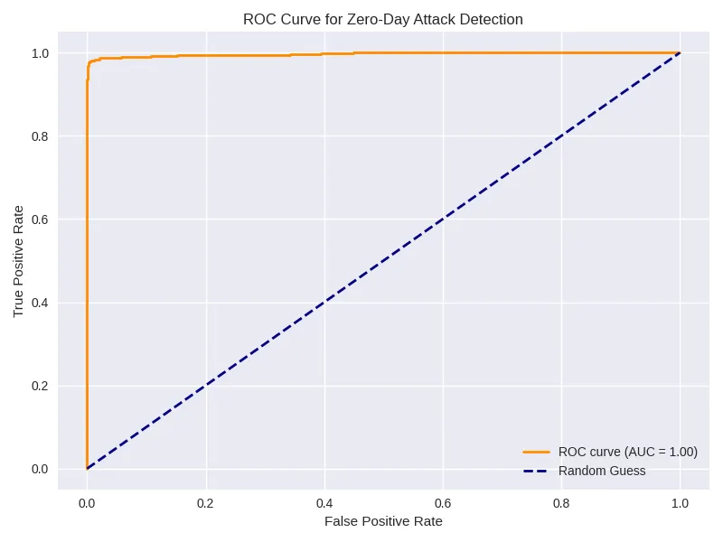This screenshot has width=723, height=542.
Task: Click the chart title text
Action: click(x=383, y=19)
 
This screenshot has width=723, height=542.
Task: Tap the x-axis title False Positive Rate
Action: click(x=383, y=521)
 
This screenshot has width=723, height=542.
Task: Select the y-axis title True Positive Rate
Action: click(x=19, y=261)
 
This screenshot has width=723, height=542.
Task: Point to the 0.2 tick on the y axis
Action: click(x=41, y=386)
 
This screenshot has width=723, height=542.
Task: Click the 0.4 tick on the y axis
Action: click(x=41, y=303)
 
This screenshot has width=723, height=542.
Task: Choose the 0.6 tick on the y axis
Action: click(x=41, y=220)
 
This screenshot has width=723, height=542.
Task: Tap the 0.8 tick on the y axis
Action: click(x=41, y=136)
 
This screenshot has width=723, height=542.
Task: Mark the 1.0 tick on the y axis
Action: click(x=41, y=53)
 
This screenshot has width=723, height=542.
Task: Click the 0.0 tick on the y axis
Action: click(x=41, y=469)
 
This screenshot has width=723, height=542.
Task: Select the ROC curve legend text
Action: click(x=628, y=452)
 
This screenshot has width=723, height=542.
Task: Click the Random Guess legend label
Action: click(x=602, y=471)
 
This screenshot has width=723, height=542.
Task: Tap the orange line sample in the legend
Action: click(x=536, y=452)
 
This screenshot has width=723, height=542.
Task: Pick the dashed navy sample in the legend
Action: click(x=536, y=471)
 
